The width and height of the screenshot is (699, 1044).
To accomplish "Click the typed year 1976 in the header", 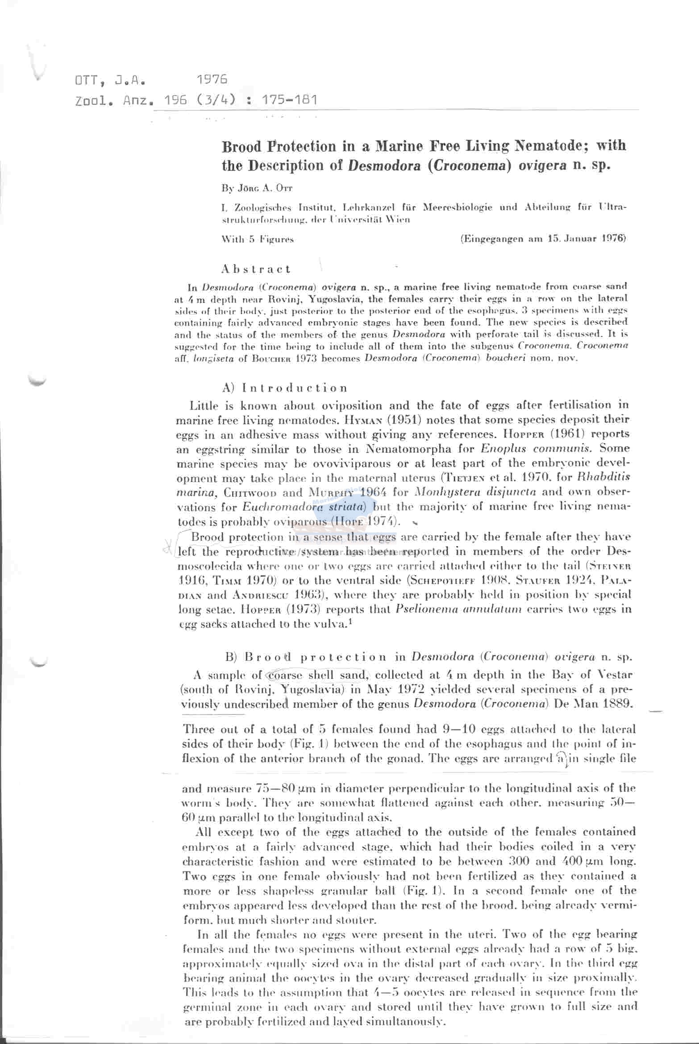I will (x=212, y=79).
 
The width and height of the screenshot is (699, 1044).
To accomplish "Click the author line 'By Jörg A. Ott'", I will (x=257, y=188).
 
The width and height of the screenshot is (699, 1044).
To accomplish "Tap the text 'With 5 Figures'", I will (x=258, y=239).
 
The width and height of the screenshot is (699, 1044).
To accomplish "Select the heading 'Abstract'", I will (x=256, y=269).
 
